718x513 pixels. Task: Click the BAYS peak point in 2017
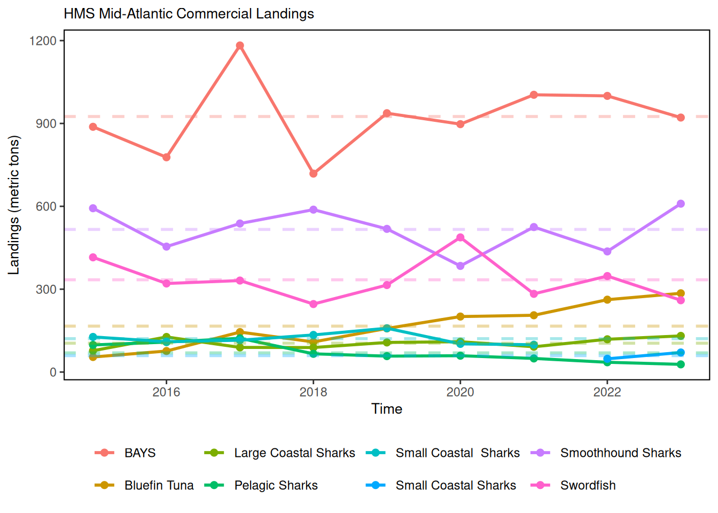pyautogui.click(x=240, y=46)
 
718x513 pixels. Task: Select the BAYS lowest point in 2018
pyautogui.click(x=314, y=174)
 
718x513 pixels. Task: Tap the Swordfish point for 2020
pyautogui.click(x=461, y=237)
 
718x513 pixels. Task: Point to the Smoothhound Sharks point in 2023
pyautogui.click(x=681, y=204)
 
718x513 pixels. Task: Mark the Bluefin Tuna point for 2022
pyautogui.click(x=607, y=300)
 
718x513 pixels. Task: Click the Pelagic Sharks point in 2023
pyautogui.click(x=681, y=364)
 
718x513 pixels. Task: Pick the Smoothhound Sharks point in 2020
pyautogui.click(x=461, y=266)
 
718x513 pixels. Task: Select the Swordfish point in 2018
pyautogui.click(x=314, y=304)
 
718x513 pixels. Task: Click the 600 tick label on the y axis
pyautogui.click(x=46, y=206)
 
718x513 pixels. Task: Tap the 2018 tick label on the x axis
pyautogui.click(x=314, y=392)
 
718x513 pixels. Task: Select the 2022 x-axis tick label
pyautogui.click(x=607, y=392)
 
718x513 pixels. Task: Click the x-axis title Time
pyautogui.click(x=387, y=409)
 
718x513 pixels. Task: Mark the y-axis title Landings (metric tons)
pyautogui.click(x=14, y=205)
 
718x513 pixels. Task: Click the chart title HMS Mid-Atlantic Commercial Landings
pyautogui.click(x=189, y=13)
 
